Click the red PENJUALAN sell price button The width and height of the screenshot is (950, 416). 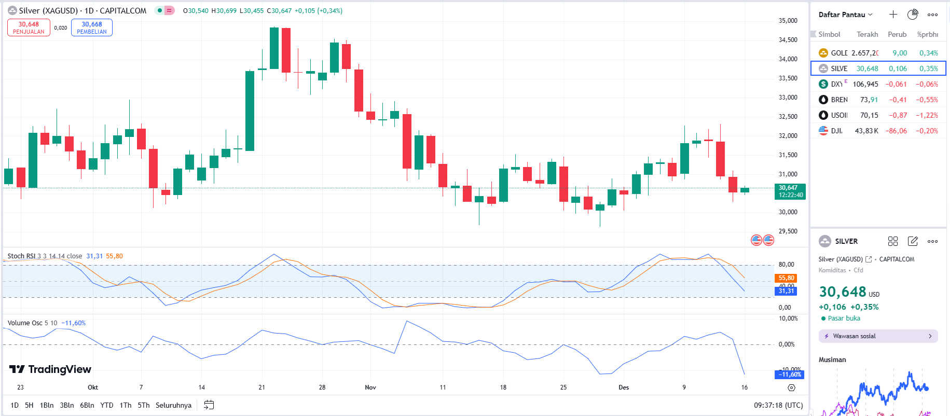click(29, 27)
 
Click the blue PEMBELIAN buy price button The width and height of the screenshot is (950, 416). click(92, 27)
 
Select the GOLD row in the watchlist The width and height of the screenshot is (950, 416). click(878, 53)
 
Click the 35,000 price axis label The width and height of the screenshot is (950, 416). click(788, 21)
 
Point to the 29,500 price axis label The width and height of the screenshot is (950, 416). click(788, 231)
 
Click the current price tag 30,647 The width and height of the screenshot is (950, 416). click(790, 191)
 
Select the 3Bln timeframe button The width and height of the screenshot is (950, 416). click(67, 405)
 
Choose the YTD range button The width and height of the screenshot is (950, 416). click(107, 405)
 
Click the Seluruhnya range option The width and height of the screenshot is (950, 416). click(173, 405)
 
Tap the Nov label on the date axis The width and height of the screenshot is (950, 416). click(370, 387)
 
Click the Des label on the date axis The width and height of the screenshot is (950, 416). click(624, 387)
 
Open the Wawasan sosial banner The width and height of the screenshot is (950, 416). click(878, 336)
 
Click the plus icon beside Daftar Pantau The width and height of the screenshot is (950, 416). click(893, 15)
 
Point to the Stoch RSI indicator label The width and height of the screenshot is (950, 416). click(21, 256)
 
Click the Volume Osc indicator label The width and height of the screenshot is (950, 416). click(25, 323)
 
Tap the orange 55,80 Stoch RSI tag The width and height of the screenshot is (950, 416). click(786, 278)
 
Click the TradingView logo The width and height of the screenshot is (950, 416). click(50, 369)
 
